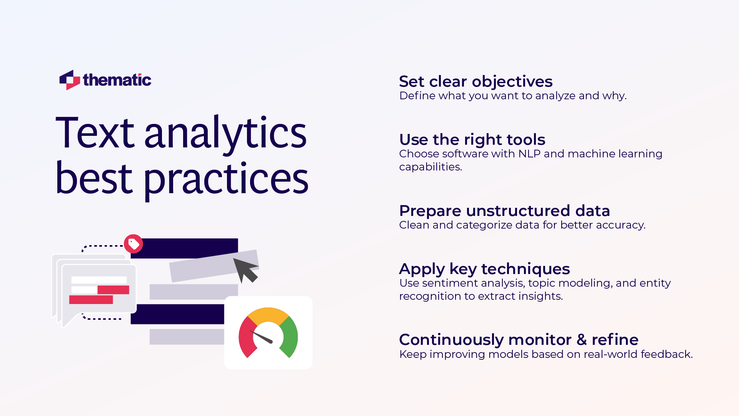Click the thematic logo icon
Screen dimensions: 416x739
pyautogui.click(x=70, y=80)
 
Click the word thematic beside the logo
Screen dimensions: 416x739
pyautogui.click(x=117, y=80)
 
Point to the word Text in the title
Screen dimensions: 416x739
pyautogui.click(x=95, y=133)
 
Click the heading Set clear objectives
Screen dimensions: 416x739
pyautogui.click(x=475, y=82)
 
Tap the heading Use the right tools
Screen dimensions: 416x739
pyautogui.click(x=472, y=140)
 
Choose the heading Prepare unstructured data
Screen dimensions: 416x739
pyautogui.click(x=504, y=211)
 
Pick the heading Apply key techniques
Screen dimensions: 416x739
pyautogui.click(x=484, y=269)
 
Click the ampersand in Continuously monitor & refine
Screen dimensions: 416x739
pyautogui.click(x=581, y=340)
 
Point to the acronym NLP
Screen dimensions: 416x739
pyautogui.click(x=529, y=154)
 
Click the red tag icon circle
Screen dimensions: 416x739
pyautogui.click(x=133, y=244)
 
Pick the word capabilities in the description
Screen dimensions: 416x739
pyautogui.click(x=430, y=167)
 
